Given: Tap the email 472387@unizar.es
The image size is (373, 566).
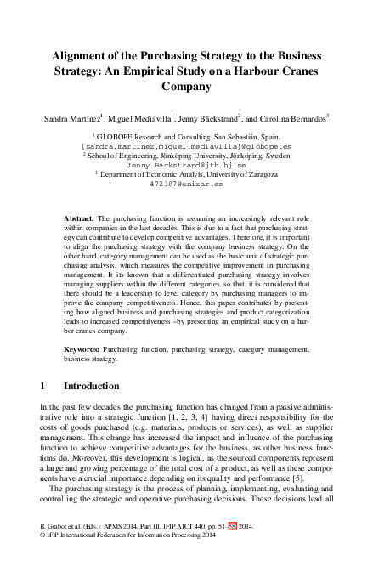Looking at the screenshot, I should [185, 182].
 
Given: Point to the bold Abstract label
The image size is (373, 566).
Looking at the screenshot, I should [79, 218].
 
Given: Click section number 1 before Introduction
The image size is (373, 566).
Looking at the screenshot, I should [43, 385].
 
